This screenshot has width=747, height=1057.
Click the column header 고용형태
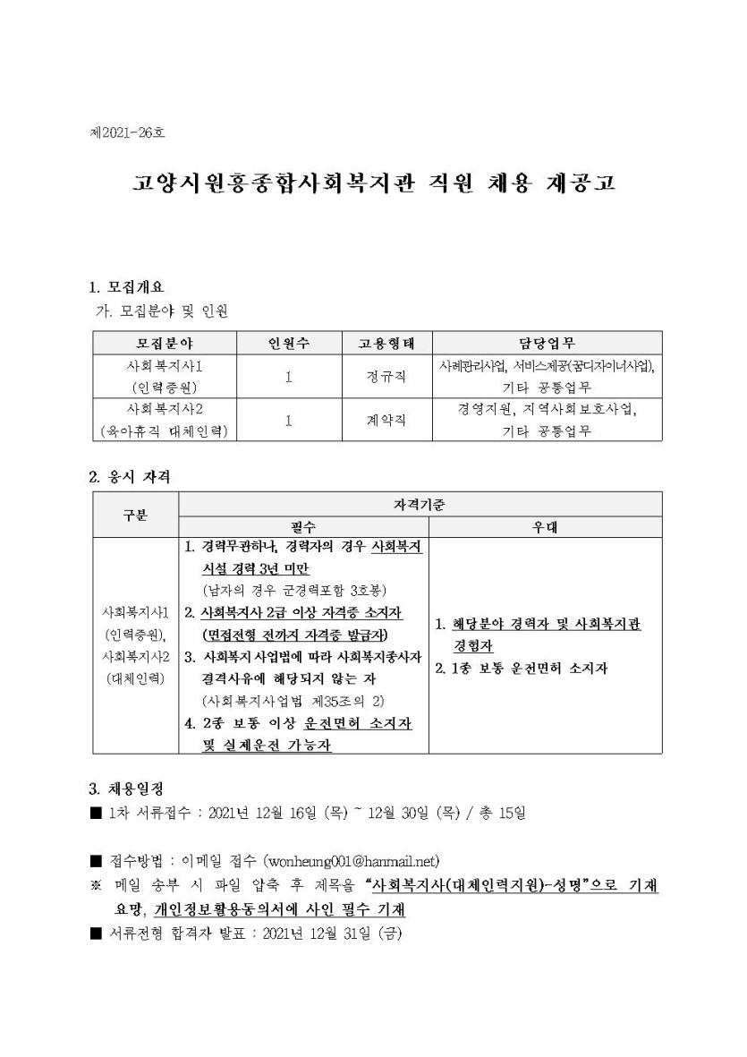376,343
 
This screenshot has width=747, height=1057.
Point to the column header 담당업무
547,343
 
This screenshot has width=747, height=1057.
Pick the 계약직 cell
376,420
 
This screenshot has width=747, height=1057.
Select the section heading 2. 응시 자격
129,477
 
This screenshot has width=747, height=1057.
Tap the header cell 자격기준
420,504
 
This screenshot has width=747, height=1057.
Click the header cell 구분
136,515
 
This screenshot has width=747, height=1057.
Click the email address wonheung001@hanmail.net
352,861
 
